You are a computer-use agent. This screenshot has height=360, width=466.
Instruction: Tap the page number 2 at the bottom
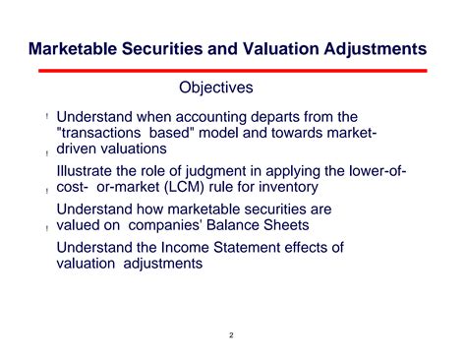pyautogui.click(x=232, y=335)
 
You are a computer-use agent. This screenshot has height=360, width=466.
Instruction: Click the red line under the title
pyautogui.click(x=232, y=71)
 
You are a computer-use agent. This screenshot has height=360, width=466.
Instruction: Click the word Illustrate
pyautogui.click(x=86, y=171)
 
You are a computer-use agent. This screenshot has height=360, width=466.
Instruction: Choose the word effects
pyautogui.click(x=320, y=248)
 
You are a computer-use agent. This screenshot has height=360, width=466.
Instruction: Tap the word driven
pyautogui.click(x=80, y=149)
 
